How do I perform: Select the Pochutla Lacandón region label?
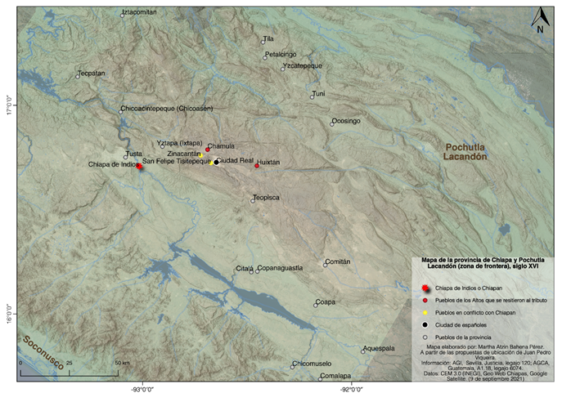465,151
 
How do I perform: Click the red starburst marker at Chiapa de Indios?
140,167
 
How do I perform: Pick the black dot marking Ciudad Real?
216,162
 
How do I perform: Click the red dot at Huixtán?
257,166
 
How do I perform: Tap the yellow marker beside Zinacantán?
200,154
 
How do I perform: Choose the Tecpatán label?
91,74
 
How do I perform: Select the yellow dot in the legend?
425,313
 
